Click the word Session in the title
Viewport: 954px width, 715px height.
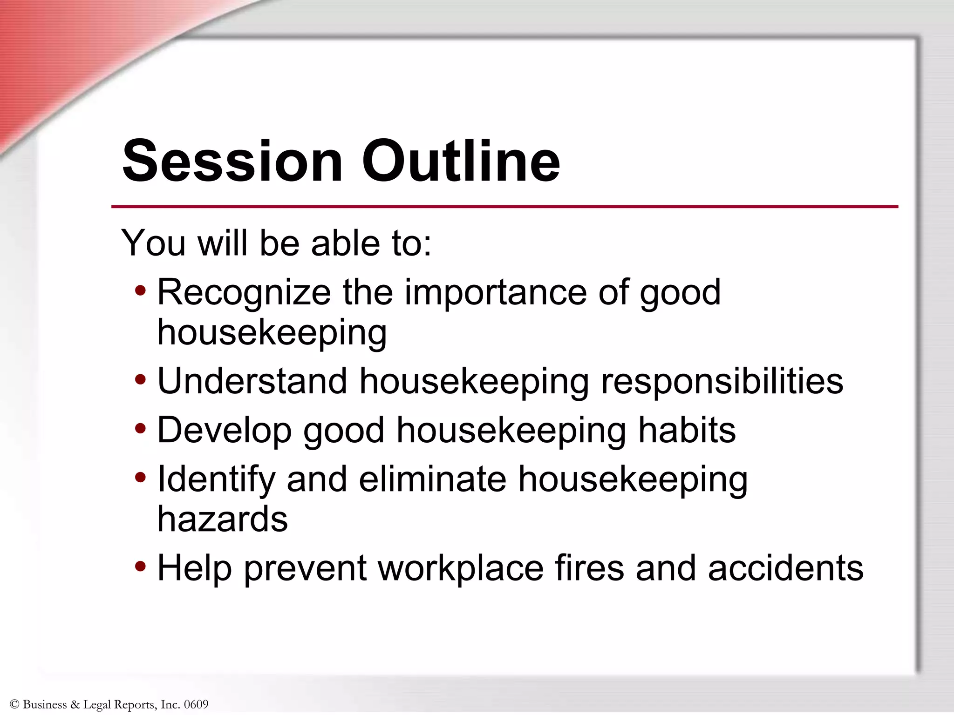232,161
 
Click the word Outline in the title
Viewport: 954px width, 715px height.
461,161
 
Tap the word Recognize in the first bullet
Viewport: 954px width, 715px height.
244,293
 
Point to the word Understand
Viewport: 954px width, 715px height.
252,381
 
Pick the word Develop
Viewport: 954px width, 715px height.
225,431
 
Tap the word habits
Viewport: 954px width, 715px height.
687,430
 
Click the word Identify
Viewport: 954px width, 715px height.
216,480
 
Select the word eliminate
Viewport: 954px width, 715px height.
433,479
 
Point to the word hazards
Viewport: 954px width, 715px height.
223,519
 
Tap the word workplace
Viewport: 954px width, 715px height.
460,569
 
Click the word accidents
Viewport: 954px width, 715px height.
785,568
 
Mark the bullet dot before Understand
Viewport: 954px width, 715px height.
140,380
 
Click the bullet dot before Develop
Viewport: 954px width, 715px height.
140,429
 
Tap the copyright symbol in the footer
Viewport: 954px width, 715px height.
14,704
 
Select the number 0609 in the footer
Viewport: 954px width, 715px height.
196,704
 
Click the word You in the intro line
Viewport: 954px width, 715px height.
154,243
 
